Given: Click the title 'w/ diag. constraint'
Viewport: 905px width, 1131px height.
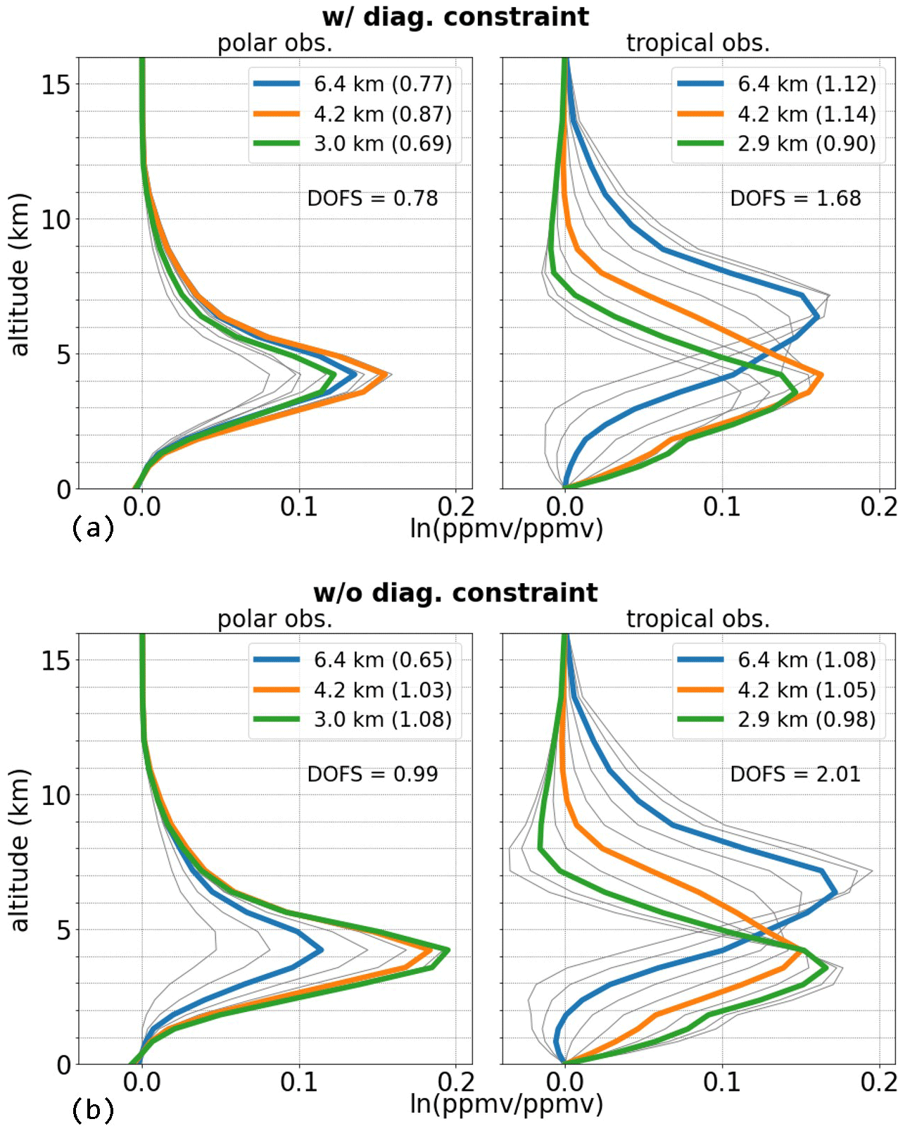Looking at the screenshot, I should [455, 17].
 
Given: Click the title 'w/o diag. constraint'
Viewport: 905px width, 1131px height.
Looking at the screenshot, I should [455, 593].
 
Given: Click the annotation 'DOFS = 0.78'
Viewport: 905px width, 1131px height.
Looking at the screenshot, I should [372, 199].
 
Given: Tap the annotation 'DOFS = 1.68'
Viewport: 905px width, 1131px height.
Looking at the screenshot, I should [795, 199].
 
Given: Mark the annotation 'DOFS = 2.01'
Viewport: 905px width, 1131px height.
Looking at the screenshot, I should [795, 775].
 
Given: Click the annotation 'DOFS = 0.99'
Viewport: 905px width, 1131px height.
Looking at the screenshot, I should [372, 775].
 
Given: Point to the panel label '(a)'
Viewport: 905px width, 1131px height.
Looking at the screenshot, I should [93, 528].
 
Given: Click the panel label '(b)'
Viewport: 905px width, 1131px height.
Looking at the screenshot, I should [93, 1111].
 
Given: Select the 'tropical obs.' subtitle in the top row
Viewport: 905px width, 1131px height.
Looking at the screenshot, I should [698, 44].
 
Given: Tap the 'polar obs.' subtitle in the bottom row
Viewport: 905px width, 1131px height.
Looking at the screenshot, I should [274, 620].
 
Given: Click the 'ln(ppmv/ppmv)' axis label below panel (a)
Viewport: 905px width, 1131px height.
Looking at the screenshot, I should [507, 528].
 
